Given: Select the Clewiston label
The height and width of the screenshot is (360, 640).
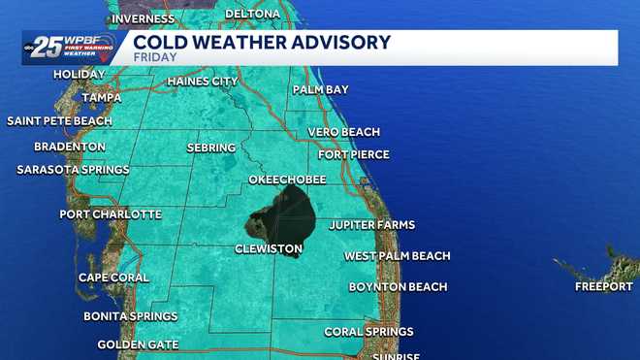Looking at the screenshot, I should [x=269, y=249].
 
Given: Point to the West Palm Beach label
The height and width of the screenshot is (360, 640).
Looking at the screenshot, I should [x=398, y=256].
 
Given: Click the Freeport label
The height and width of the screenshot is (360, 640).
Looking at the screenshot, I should [x=603, y=287].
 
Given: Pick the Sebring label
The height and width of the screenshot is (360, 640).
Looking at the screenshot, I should [x=211, y=147].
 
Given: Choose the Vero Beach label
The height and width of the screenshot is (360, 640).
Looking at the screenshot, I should [x=343, y=132].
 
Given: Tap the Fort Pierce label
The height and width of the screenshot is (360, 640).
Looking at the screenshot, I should [x=354, y=154].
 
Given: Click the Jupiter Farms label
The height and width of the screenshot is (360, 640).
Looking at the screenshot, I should [x=372, y=225].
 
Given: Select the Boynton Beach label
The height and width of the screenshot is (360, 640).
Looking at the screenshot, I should [x=399, y=287].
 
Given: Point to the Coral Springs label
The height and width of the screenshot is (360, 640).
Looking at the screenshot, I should [x=368, y=332].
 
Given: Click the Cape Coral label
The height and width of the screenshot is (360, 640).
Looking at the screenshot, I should [x=113, y=278].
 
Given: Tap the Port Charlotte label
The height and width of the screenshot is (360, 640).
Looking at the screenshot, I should [x=111, y=214].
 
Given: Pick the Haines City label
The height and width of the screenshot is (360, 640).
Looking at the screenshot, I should [x=203, y=82].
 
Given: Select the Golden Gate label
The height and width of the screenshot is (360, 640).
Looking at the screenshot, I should [x=137, y=345].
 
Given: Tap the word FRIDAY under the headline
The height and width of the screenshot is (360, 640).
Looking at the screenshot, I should [x=154, y=57].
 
